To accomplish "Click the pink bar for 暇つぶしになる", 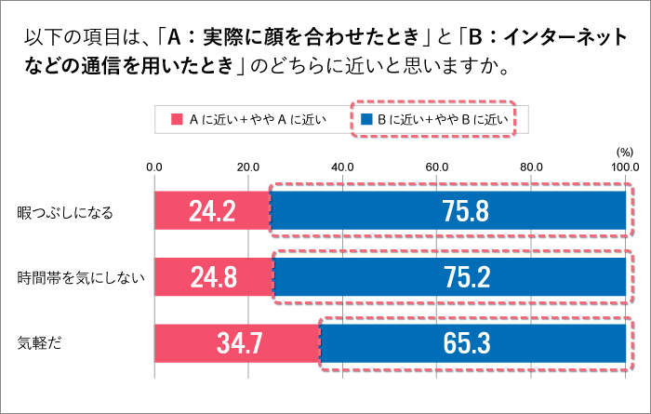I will pos(211,211).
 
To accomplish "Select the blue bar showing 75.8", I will pos(448,211).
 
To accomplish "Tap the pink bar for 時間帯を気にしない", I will pos(213,277).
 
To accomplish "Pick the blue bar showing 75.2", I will pos(450,277).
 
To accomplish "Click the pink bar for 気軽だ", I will pos(236,343).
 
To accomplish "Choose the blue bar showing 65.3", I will pos(473,343).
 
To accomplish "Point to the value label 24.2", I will pos(212,211).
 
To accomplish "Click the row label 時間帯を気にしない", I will pos(77,278).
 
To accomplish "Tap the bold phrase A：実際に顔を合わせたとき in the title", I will pos(296,38).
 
